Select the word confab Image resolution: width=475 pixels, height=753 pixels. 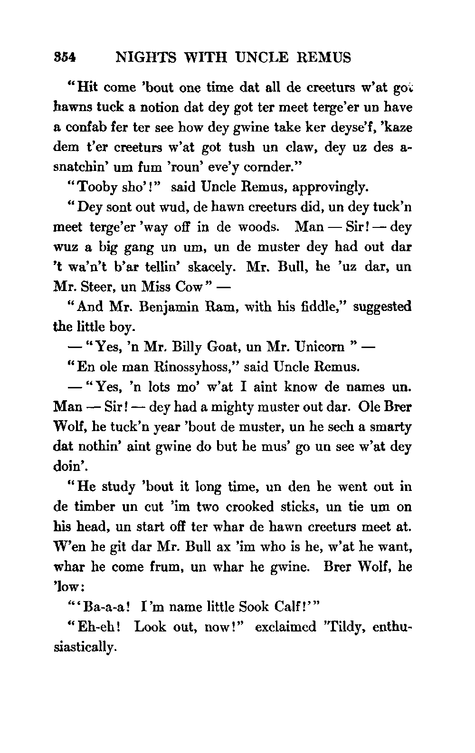pos(85,128)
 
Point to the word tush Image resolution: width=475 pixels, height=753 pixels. pos(242,148)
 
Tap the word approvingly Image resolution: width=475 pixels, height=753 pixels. pos(331,188)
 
